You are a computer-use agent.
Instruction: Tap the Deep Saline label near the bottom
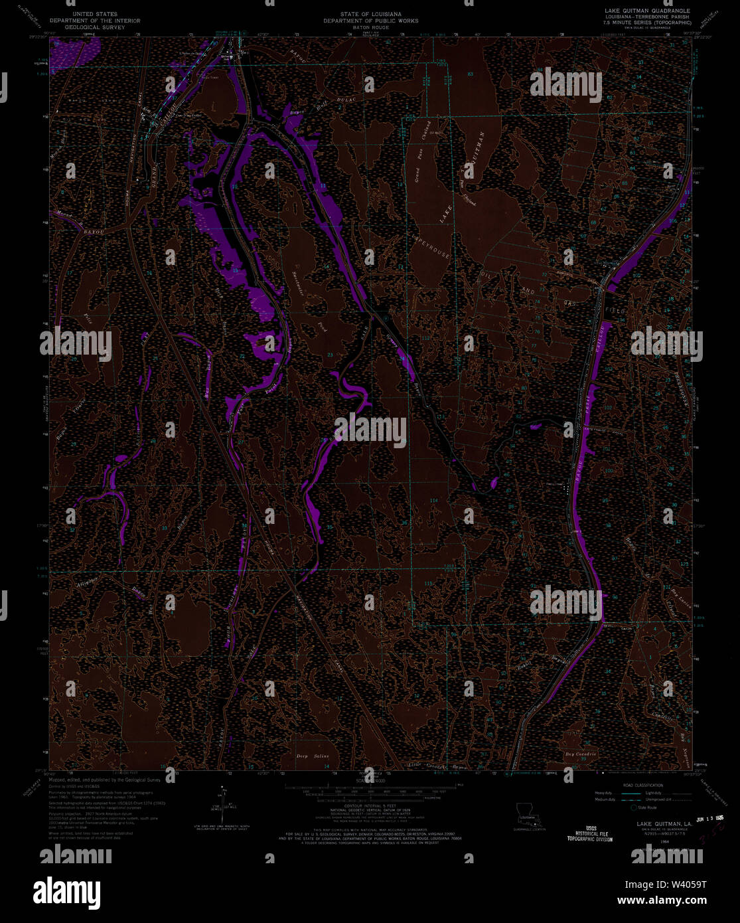click(x=311, y=756)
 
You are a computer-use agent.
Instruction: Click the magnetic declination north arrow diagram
click(x=223, y=801)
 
